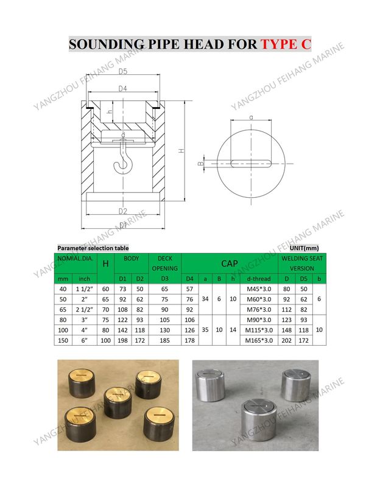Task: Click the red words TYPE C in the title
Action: [x=286, y=44]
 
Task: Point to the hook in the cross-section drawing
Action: [x=122, y=159]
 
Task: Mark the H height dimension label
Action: [x=181, y=150]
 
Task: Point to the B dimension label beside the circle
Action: [x=201, y=163]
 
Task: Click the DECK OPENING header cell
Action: [x=164, y=263]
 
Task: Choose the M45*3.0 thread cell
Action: [x=257, y=289]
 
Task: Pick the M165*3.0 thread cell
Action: [x=257, y=340]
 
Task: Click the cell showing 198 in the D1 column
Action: [x=122, y=340]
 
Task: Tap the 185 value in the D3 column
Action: [x=164, y=340]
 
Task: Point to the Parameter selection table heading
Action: [x=93, y=248]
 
